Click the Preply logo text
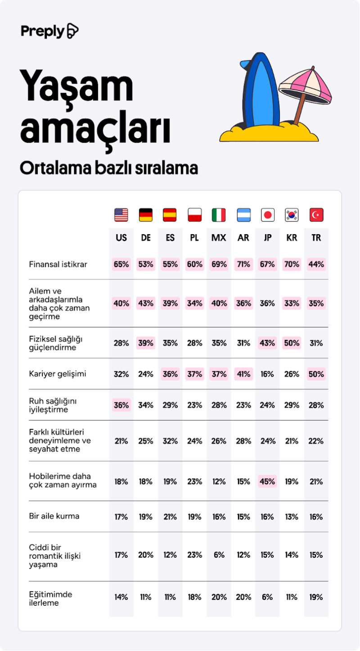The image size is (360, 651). tap(43, 31)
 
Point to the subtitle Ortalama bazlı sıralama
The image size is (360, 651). tap(109, 168)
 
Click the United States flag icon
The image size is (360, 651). tap(121, 215)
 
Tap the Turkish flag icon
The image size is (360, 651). tap(316, 215)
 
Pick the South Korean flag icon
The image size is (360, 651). tap(292, 215)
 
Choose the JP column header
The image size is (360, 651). tap(267, 238)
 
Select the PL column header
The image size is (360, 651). tap(194, 238)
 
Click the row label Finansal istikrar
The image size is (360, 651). tap(58, 264)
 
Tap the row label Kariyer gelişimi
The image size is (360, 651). tap(57, 374)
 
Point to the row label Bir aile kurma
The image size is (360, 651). tap(54, 516)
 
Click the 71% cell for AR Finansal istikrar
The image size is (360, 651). tap(243, 264)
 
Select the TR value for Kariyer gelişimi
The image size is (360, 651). tap(316, 374)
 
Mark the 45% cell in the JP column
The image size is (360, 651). tap(267, 481)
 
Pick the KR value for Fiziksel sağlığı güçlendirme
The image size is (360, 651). tap(292, 343)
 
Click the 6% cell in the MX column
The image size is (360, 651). tap(219, 555)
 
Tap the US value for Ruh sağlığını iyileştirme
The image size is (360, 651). tap(121, 405)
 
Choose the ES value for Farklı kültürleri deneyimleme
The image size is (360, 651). tap(170, 441)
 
